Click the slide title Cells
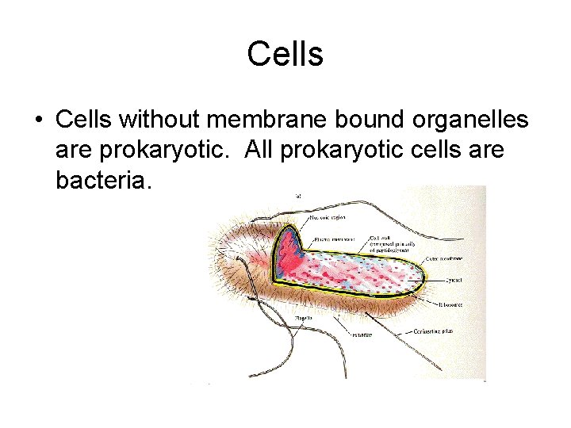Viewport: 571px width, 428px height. [285, 55]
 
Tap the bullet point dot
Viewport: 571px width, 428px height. [38, 120]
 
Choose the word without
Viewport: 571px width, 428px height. [162, 120]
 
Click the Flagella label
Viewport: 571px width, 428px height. [303, 318]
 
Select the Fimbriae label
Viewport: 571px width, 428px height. [362, 334]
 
